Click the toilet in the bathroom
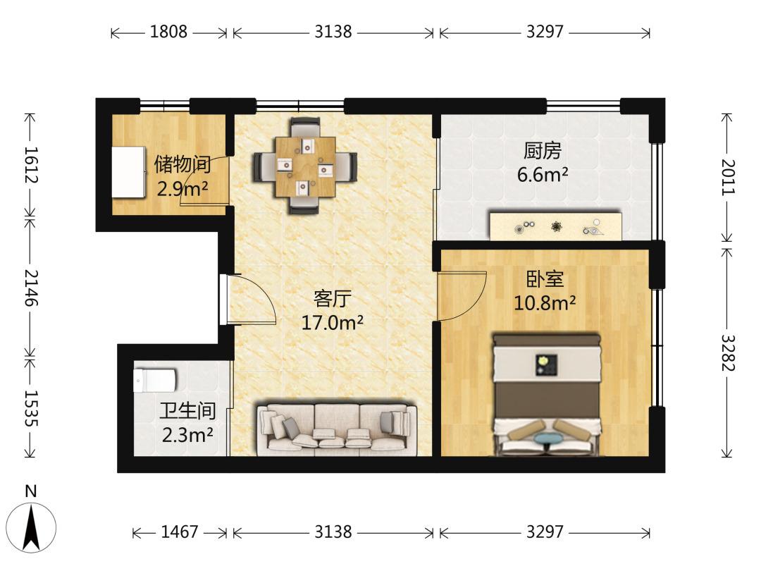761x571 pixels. (155, 381)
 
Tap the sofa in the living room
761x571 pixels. (337, 428)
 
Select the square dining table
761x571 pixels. (305, 166)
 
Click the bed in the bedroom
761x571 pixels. (547, 394)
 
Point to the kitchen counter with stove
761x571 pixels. (556, 226)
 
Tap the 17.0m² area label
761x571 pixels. (333, 322)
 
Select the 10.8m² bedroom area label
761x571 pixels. (545, 303)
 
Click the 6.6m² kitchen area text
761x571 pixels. (543, 174)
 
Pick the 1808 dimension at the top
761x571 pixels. (168, 32)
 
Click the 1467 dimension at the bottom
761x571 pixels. (180, 532)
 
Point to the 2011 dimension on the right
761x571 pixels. (727, 177)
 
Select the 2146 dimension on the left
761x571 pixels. (31, 288)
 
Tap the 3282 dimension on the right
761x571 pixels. (727, 353)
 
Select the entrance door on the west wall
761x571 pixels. (224, 299)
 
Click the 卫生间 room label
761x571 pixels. (187, 411)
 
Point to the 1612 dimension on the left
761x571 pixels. (31, 165)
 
